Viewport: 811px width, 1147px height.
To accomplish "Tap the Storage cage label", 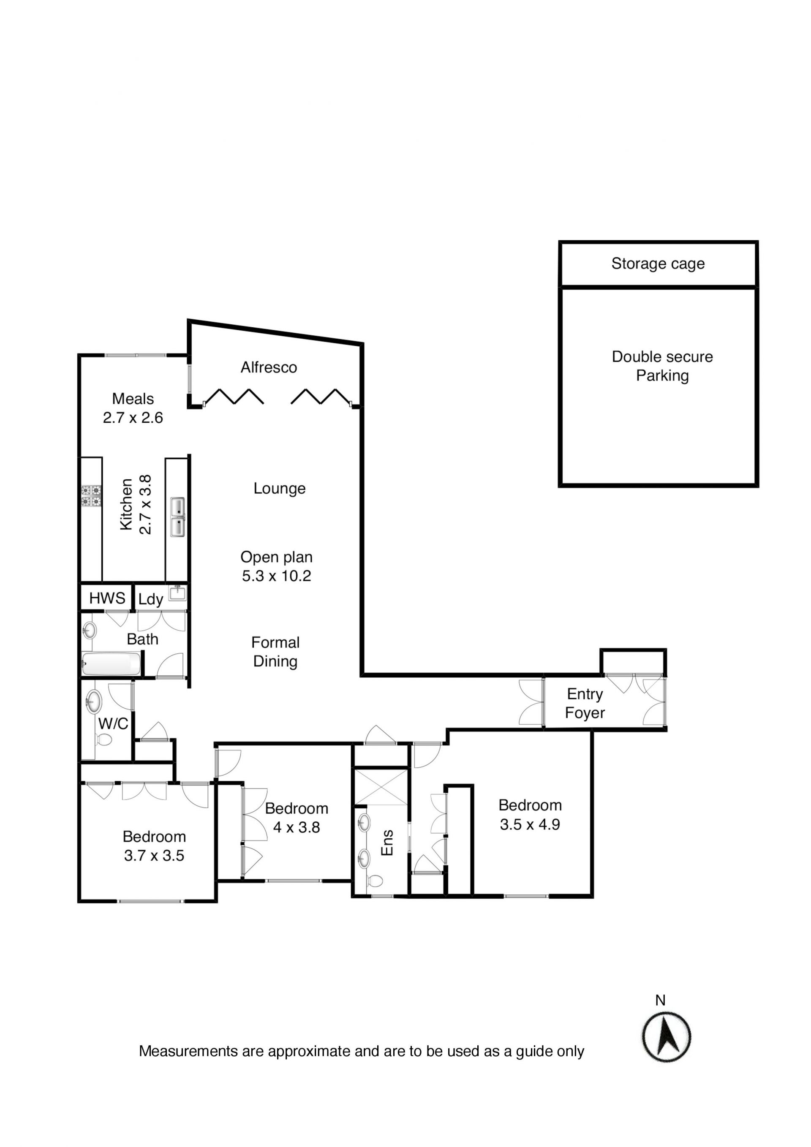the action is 658,264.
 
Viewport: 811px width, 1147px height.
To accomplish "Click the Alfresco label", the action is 269,368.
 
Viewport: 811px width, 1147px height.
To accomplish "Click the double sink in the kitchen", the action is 178,517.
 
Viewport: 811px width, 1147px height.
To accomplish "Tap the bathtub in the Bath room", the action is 111,664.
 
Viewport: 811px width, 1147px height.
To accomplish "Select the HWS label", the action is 107,598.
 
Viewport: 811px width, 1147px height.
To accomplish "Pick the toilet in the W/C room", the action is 104,739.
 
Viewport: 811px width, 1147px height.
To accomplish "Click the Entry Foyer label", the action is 585,704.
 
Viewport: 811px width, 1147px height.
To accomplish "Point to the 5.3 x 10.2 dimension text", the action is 276,576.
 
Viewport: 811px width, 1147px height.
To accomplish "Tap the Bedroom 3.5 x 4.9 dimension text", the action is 530,825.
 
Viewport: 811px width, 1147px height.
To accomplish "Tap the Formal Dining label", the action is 275,652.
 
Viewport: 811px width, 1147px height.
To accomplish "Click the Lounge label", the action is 279,489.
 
